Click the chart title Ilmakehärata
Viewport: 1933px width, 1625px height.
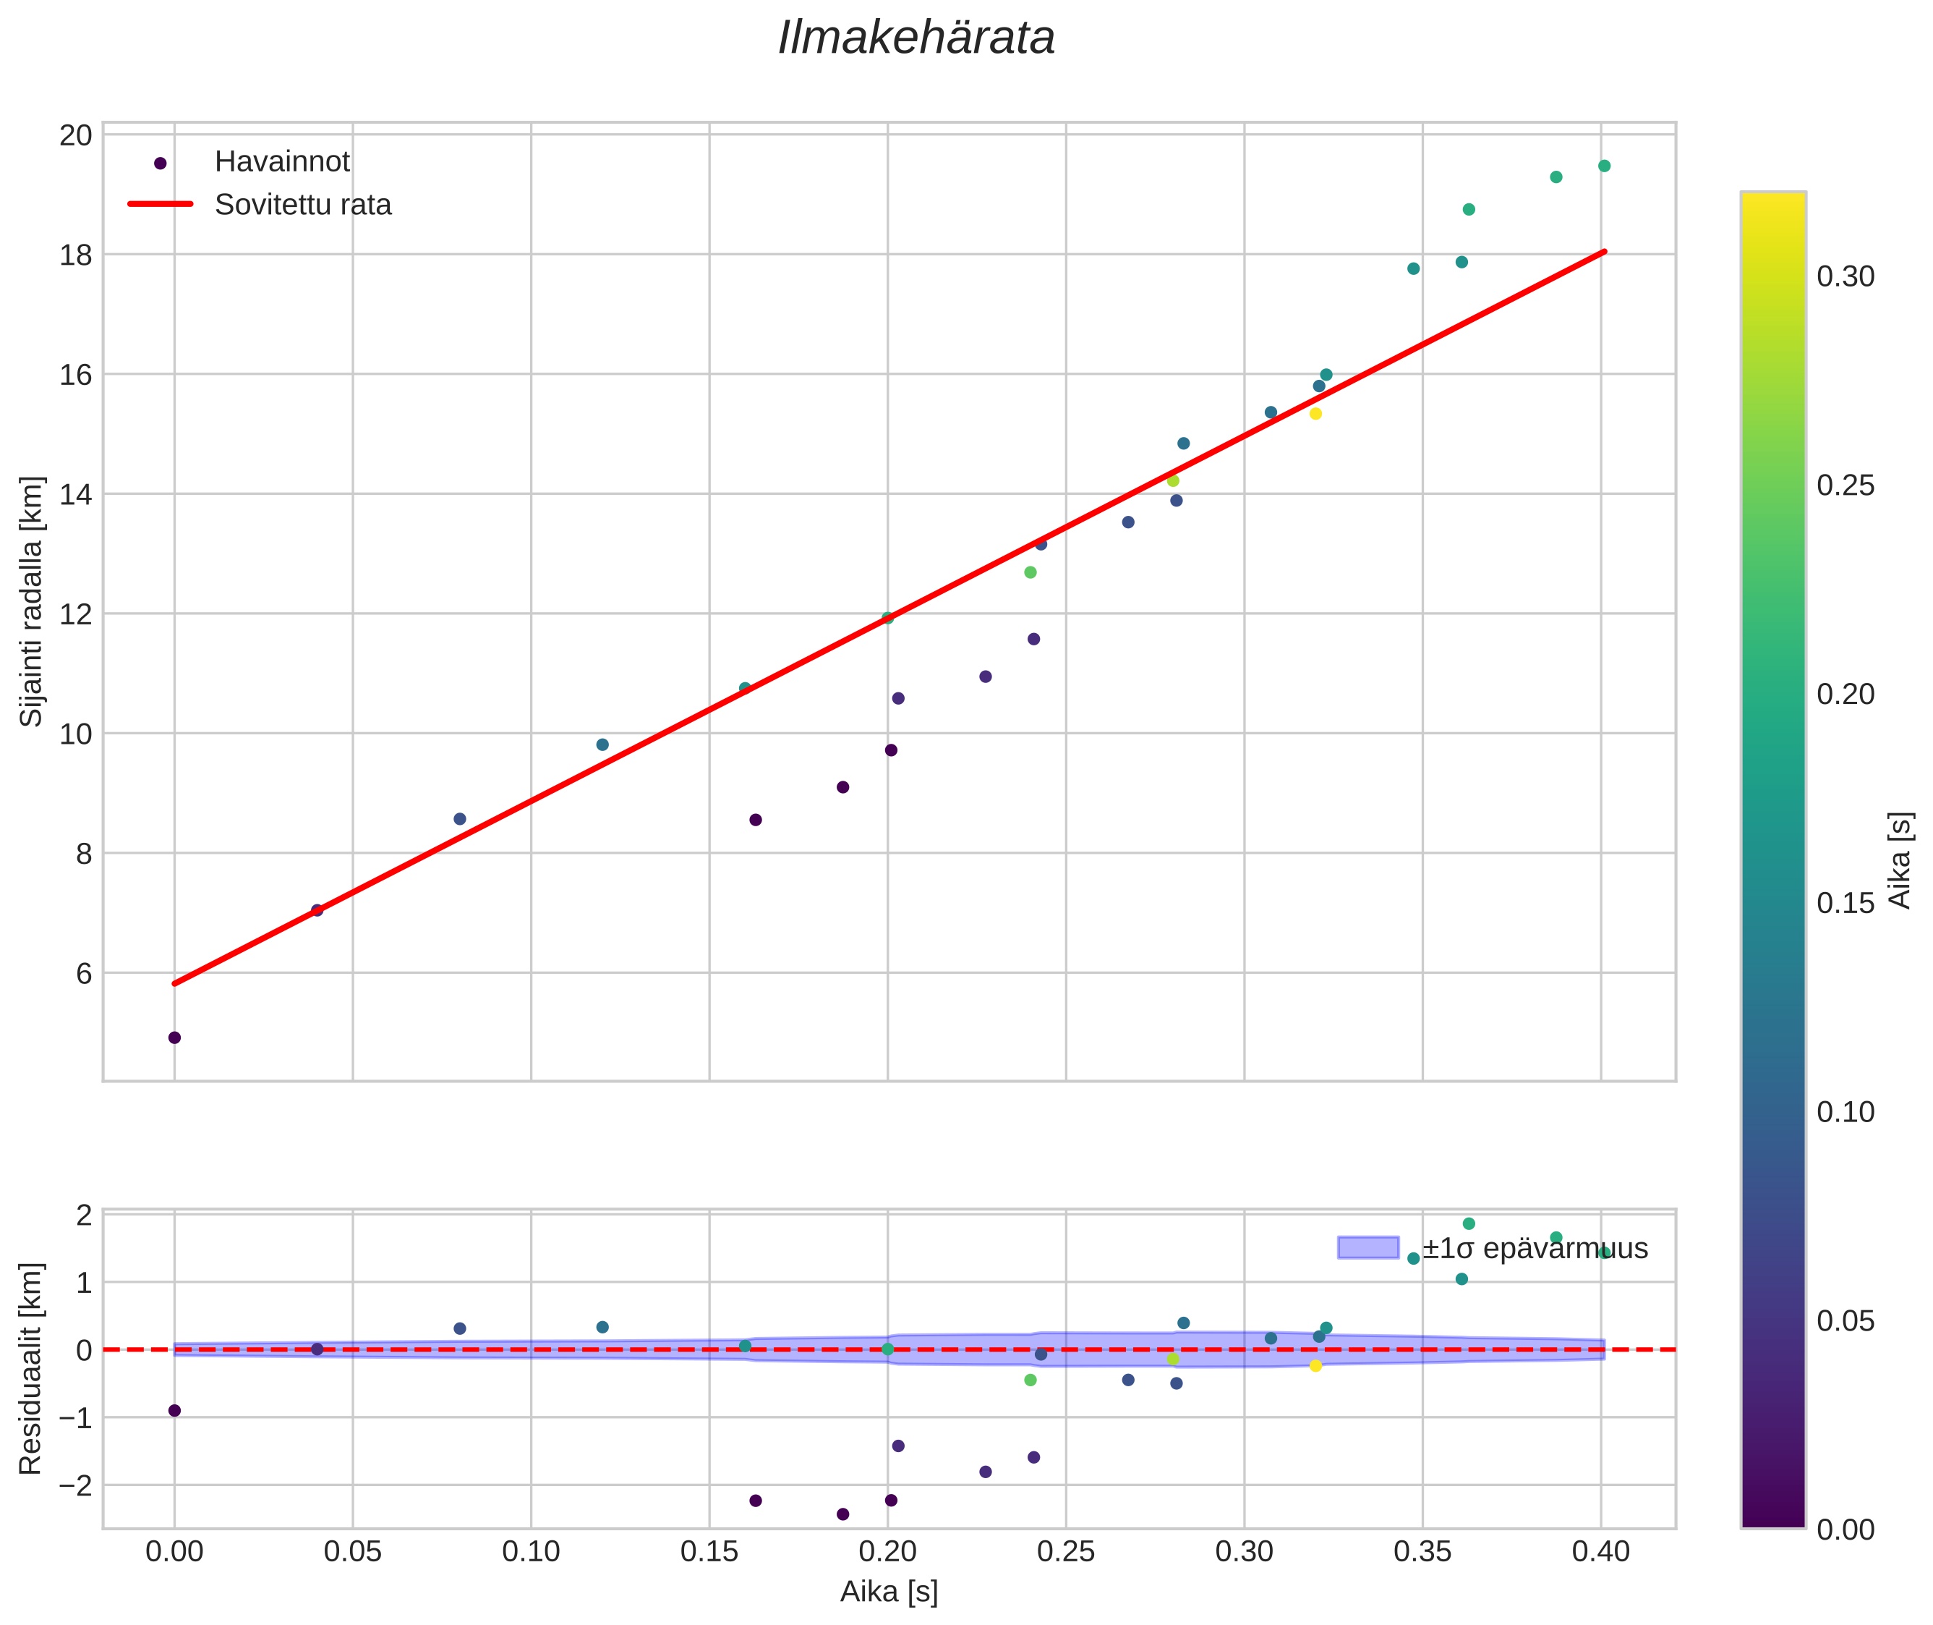[x=916, y=38]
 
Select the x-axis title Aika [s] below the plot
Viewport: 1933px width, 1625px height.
[x=889, y=1592]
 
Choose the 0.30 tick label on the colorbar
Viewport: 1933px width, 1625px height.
[x=1845, y=276]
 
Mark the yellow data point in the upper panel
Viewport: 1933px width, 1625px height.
[x=1315, y=414]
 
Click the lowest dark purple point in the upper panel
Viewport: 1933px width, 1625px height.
[x=174, y=1038]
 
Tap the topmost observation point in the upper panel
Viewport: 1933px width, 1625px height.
[x=1603, y=166]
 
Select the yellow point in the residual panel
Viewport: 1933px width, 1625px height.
[x=1315, y=1366]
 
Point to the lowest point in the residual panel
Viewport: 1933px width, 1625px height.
[x=842, y=1514]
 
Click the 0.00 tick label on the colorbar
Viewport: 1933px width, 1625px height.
[x=1845, y=1530]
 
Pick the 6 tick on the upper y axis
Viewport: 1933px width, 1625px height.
[x=84, y=974]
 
